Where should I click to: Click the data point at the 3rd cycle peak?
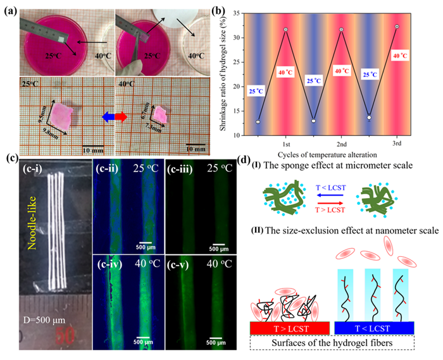click(397, 27)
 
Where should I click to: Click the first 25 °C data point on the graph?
click(258, 121)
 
